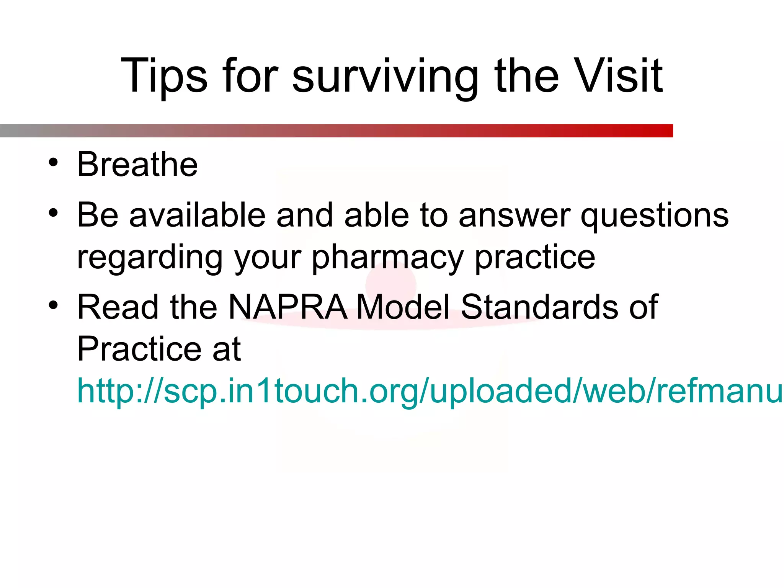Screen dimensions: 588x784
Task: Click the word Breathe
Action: coord(137,165)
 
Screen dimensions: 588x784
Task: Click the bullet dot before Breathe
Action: coord(53,162)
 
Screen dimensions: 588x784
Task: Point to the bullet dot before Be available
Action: coord(53,213)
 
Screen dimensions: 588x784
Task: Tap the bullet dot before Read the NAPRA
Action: coord(53,305)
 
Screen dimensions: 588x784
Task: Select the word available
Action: coord(198,215)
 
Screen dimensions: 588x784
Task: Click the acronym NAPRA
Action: coord(288,307)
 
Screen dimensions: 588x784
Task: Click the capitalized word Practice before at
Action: coord(139,349)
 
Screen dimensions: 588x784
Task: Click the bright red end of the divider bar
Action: coord(664,131)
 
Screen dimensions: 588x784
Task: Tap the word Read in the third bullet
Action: coord(118,307)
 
